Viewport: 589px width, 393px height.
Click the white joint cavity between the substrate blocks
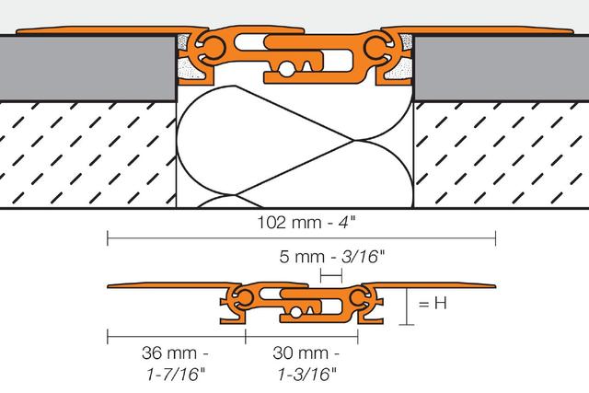tap(294, 147)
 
